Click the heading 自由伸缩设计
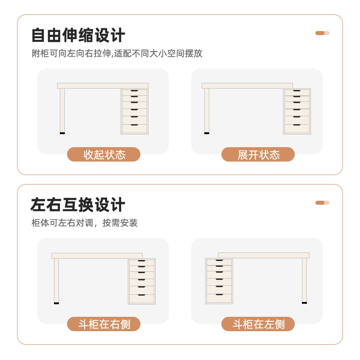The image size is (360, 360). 78,36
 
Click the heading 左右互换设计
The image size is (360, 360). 78,205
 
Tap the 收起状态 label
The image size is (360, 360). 104,154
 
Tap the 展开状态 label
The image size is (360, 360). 258,154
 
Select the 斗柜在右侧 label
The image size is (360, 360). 104,324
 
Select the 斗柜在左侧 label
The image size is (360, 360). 258,324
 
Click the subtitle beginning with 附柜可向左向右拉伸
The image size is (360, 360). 117,54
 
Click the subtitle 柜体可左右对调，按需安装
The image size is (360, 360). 85,223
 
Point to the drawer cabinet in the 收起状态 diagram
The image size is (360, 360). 135,111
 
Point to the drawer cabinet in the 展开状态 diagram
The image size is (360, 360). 297,111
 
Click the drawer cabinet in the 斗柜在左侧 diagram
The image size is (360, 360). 219,281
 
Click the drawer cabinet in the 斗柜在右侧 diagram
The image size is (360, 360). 142,281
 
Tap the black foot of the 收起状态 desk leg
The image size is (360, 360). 62,133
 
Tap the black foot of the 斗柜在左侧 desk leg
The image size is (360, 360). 304,303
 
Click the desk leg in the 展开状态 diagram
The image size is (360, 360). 207,110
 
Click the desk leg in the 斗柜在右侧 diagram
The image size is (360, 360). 56,280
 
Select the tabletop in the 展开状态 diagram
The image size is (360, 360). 247,85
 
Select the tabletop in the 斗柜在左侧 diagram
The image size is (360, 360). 264,255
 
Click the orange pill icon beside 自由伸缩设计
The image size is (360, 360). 322,33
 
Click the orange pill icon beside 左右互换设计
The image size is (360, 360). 322,202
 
